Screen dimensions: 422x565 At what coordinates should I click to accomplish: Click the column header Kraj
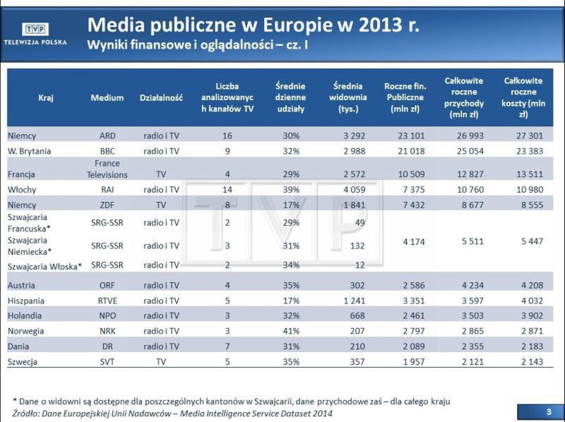46,98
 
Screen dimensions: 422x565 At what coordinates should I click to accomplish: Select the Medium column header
107,98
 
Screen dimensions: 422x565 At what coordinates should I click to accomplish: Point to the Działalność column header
161,98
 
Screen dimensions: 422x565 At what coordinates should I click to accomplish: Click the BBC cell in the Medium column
107,151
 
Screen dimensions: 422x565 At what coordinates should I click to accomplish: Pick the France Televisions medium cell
107,169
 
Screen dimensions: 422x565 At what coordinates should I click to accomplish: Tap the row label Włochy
23,189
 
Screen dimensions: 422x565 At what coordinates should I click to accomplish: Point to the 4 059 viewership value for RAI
350,189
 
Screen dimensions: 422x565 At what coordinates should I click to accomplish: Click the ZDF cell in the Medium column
107,205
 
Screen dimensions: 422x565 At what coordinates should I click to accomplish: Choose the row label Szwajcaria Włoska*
44,266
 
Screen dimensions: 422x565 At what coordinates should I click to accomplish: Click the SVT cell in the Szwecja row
107,362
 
